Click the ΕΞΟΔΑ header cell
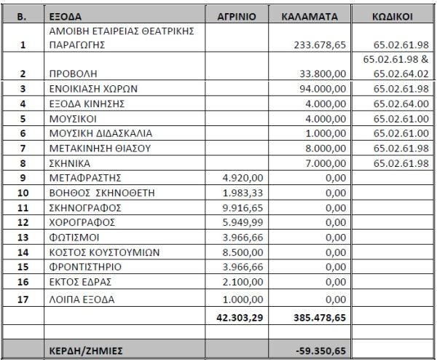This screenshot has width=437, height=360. tap(67, 15)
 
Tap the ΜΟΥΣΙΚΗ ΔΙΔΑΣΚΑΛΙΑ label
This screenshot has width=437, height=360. tap(100, 133)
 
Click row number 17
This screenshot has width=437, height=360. tap(23, 299)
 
